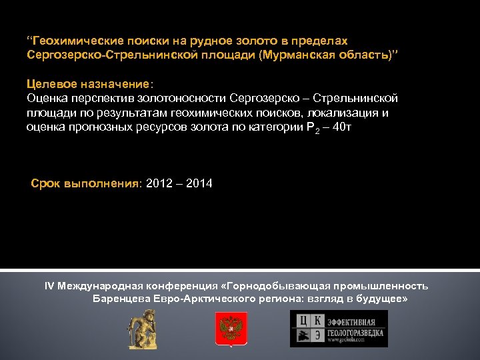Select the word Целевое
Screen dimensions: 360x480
tap(47, 85)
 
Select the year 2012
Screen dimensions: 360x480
tap(157, 183)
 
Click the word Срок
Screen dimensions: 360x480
tap(45, 183)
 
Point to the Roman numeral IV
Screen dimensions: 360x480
tap(49, 286)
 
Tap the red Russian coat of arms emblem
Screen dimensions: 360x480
tap(232, 329)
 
